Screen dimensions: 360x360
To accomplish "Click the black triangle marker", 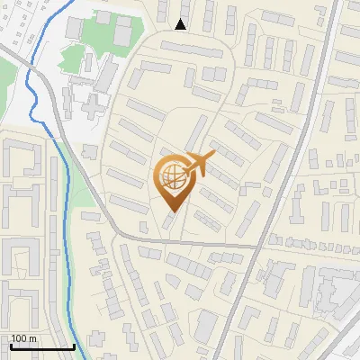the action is (x=181, y=24).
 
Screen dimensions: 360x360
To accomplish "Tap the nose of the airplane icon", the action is (x=212, y=157).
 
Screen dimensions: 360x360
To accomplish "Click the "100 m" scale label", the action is (x=23, y=337).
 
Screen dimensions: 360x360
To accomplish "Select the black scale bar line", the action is (x=41, y=346).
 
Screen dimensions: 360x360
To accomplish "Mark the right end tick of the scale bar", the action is (x=74, y=345).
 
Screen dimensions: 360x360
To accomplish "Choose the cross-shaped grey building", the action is (x=93, y=103).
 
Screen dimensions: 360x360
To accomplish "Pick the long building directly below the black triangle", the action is (x=193, y=49).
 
